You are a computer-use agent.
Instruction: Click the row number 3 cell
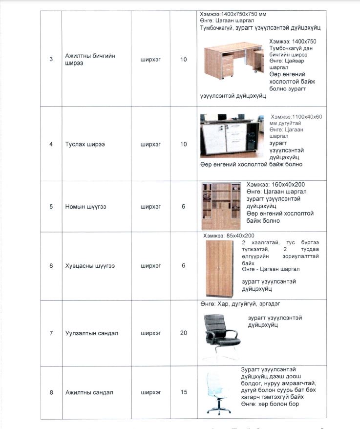(51, 60)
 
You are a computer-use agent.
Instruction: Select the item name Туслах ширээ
(85, 145)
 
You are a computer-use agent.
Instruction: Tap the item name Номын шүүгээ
(86, 207)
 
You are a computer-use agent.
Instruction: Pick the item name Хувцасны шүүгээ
(89, 266)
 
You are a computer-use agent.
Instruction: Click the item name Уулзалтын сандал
(92, 334)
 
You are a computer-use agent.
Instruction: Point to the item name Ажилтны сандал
(89, 393)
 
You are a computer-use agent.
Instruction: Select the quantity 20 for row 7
(184, 333)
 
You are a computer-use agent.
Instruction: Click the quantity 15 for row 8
(184, 393)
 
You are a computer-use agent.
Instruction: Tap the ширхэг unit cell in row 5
(150, 207)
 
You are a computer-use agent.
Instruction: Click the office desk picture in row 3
(232, 60)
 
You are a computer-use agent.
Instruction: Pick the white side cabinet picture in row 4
(232, 138)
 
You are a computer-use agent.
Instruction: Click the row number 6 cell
(51, 266)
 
